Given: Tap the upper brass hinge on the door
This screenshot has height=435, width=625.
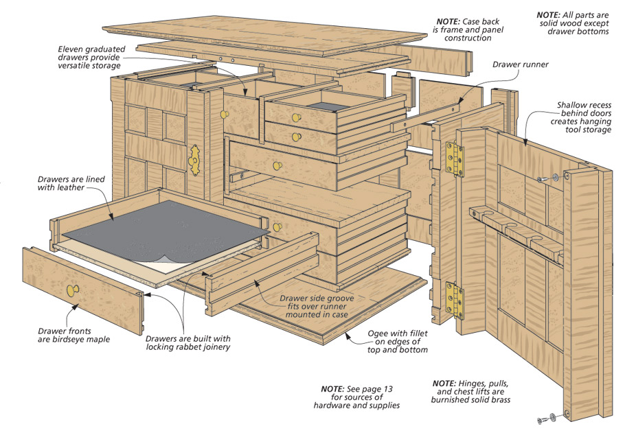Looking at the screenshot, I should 453,158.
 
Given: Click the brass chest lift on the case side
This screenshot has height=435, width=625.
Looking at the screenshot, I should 195,159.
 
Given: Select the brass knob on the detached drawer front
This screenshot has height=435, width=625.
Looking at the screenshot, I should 71,291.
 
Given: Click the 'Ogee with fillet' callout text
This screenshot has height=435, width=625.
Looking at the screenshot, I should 398,345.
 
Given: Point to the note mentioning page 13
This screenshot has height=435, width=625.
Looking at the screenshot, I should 356,397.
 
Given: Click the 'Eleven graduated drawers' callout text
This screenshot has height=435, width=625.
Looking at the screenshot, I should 89,58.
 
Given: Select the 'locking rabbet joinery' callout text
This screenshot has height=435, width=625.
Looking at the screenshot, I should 188,342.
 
